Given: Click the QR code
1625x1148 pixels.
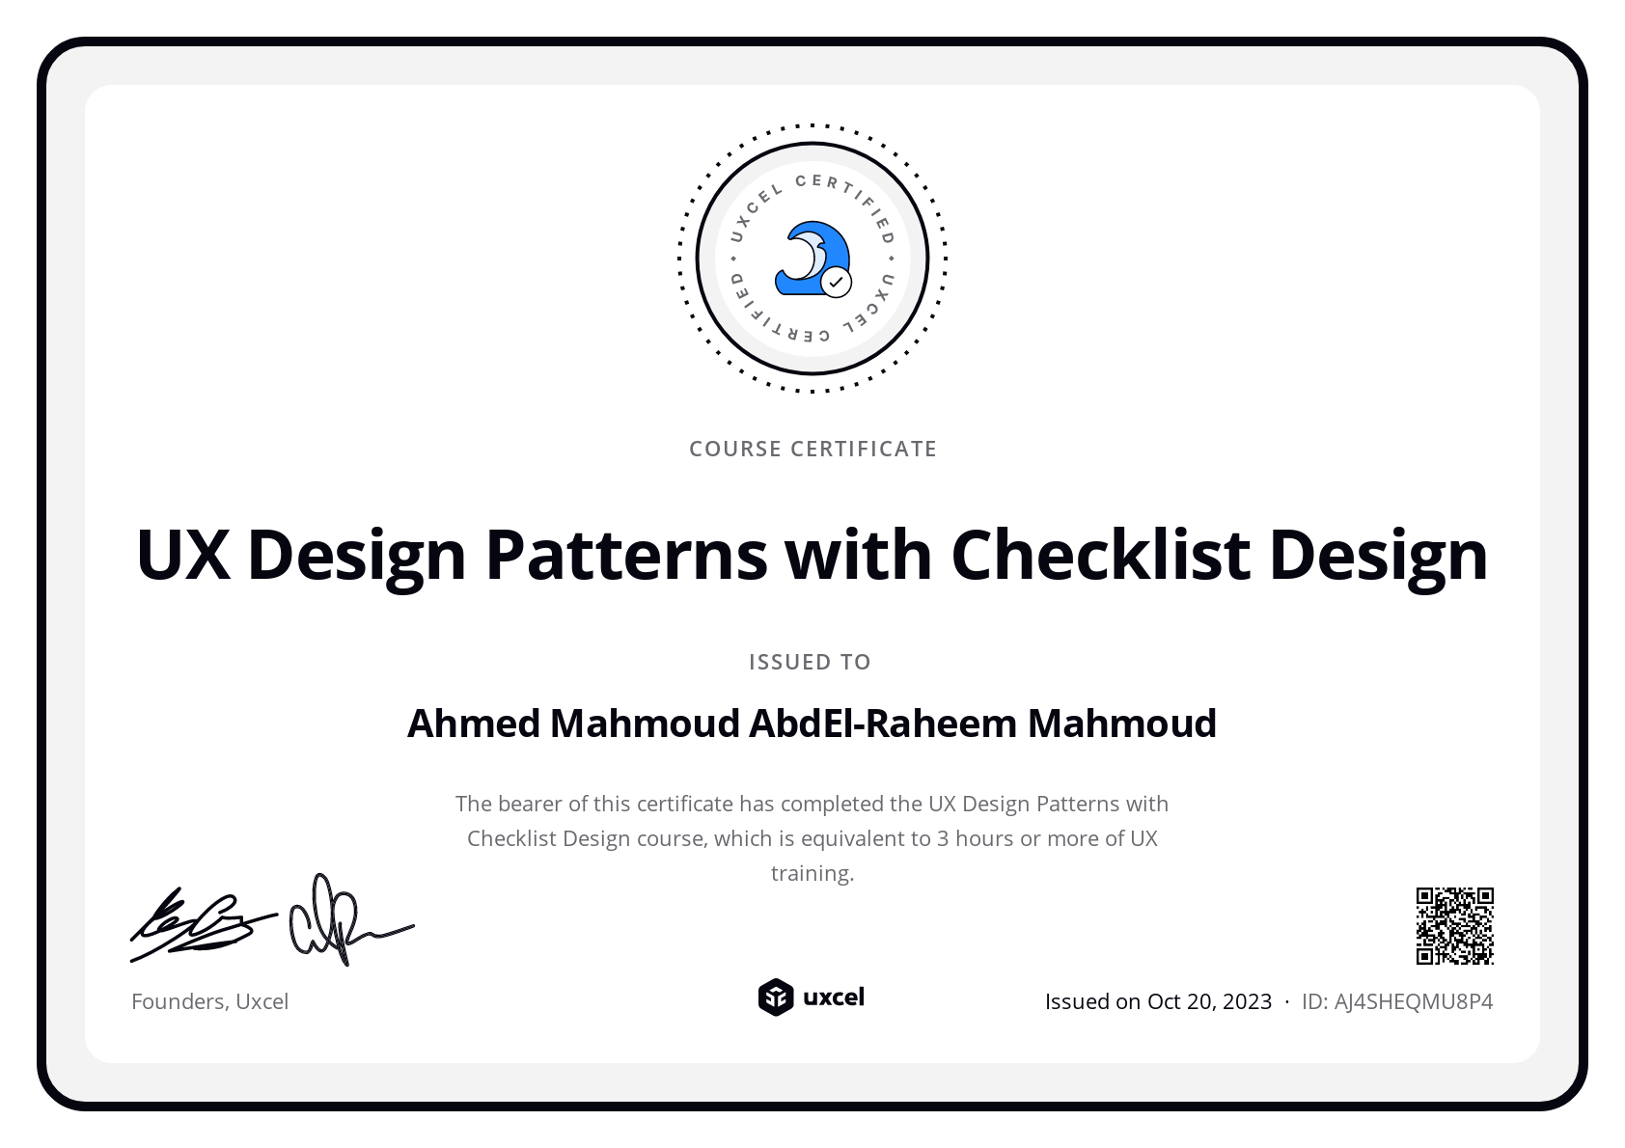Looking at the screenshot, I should [1454, 926].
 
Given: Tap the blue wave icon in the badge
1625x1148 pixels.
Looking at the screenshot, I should [809, 256].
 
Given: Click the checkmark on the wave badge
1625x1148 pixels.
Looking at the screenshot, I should [836, 283].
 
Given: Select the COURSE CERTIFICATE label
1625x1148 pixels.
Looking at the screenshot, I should [812, 449].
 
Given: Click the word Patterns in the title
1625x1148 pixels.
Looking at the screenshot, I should [625, 555].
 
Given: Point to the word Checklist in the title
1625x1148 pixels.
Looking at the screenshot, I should [1101, 555].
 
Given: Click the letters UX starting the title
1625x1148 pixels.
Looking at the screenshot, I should [183, 555].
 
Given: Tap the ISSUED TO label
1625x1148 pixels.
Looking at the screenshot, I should [810, 662].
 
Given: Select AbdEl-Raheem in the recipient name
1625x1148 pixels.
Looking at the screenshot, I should [883, 724].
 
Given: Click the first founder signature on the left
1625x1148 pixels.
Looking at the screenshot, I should [200, 924].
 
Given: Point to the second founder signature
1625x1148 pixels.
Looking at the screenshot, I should [347, 921].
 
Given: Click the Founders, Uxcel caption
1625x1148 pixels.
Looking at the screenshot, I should [209, 1001].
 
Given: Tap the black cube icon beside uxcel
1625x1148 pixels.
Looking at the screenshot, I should [775, 998].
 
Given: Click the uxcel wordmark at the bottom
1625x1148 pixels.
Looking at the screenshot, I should [834, 997].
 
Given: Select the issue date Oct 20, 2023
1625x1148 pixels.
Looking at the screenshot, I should [1209, 1001].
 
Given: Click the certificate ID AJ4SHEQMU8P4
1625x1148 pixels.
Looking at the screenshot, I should [1413, 1001].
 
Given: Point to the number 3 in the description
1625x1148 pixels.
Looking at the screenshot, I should [943, 838].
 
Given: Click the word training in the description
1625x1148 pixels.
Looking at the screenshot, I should [812, 873].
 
